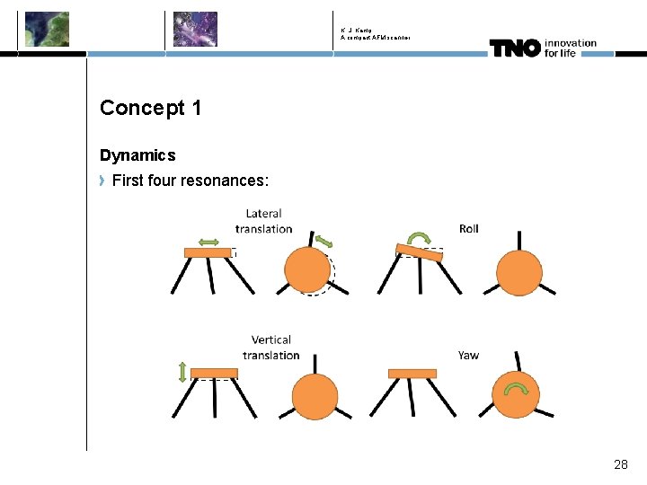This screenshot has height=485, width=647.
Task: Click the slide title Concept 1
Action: pyautogui.click(x=150, y=108)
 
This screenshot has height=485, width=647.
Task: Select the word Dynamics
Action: pyautogui.click(x=137, y=155)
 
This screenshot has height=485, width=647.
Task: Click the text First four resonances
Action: pyautogui.click(x=190, y=181)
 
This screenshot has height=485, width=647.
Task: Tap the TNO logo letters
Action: pyautogui.click(x=514, y=48)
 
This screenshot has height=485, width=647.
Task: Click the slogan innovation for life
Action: pyautogui.click(x=569, y=48)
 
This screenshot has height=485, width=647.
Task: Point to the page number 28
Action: pyautogui.click(x=620, y=464)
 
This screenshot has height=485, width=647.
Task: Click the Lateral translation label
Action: pyautogui.click(x=263, y=221)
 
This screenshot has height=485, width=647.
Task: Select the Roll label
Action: pyautogui.click(x=468, y=228)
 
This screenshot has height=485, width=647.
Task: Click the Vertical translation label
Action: pyautogui.click(x=270, y=348)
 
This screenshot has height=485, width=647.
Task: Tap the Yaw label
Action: pyautogui.click(x=468, y=355)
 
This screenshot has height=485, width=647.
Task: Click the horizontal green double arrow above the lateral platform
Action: pyautogui.click(x=208, y=241)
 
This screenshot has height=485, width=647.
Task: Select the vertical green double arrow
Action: pyautogui.click(x=182, y=371)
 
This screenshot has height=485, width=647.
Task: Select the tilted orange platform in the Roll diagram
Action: pyautogui.click(x=419, y=253)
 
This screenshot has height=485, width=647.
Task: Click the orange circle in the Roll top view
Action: pyautogui.click(x=519, y=272)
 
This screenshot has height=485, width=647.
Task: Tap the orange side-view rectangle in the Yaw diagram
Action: pyautogui.click(x=412, y=373)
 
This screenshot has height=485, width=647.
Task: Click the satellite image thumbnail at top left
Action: pyautogui.click(x=47, y=29)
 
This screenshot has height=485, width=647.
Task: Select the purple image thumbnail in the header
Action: pyautogui.click(x=195, y=29)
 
